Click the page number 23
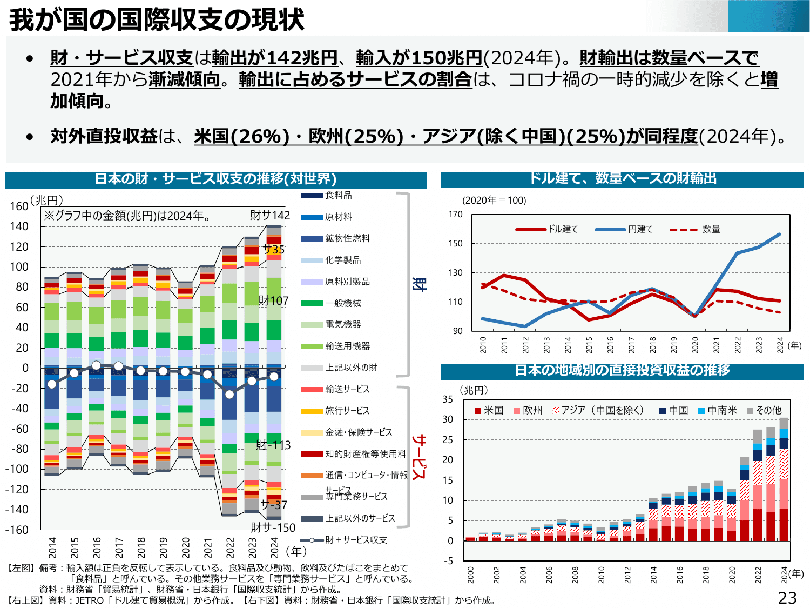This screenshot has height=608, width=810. click(x=787, y=597)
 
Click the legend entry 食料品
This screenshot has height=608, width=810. click(x=338, y=195)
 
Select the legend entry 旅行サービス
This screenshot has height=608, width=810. click(x=347, y=411)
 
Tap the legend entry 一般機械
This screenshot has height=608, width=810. click(x=342, y=303)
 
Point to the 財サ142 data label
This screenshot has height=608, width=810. click(x=269, y=215)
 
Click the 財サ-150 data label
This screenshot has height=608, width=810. click(x=273, y=527)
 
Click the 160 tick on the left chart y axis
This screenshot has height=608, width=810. click(x=19, y=206)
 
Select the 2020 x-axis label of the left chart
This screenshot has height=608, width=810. click(x=186, y=547)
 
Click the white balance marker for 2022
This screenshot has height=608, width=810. click(x=230, y=394)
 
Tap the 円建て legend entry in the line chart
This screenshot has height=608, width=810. click(x=640, y=229)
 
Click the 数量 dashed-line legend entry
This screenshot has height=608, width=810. click(x=711, y=229)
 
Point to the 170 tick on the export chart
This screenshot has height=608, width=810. click(x=455, y=215)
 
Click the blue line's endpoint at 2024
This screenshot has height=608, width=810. click(x=780, y=235)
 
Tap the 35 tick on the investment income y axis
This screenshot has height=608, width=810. click(x=448, y=399)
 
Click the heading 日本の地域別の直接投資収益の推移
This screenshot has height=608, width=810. click(x=622, y=370)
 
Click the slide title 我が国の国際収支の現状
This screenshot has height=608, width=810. click(x=157, y=19)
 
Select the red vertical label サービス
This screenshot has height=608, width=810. click(x=419, y=457)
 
